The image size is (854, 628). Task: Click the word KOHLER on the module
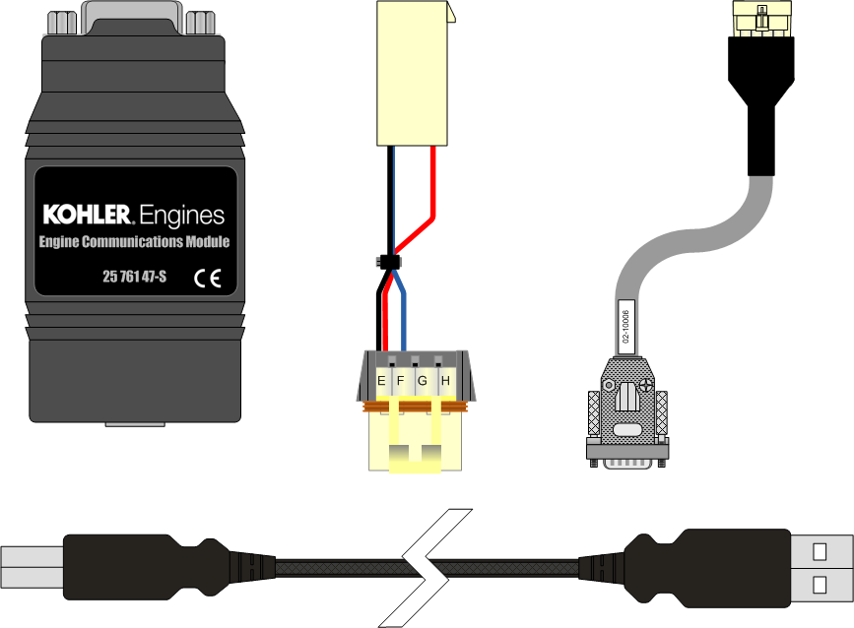(x=87, y=215)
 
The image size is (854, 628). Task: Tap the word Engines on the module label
(x=181, y=216)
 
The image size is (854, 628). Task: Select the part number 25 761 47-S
(x=135, y=277)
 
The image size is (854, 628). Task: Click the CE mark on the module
(x=208, y=279)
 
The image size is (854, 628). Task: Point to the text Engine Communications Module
(x=134, y=241)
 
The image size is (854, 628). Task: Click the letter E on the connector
(x=381, y=381)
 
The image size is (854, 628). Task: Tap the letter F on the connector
(x=400, y=381)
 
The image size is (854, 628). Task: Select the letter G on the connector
(x=423, y=381)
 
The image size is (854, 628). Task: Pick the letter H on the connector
(x=445, y=381)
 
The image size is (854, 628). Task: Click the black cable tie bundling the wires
(x=388, y=262)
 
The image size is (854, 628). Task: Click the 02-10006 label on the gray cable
(x=625, y=327)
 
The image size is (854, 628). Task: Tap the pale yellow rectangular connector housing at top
(x=413, y=74)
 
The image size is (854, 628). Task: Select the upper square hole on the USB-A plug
(x=820, y=552)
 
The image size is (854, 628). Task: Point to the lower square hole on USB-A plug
(x=820, y=585)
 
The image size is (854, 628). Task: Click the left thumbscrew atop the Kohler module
(x=62, y=23)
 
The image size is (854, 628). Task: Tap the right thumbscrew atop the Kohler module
(x=200, y=23)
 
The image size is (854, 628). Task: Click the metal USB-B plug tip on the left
(x=33, y=568)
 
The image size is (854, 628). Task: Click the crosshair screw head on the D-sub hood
(x=646, y=386)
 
